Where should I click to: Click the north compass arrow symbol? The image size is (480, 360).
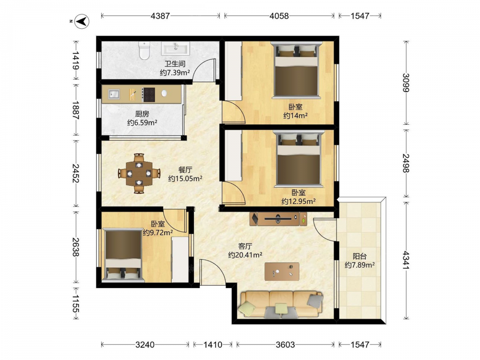82,22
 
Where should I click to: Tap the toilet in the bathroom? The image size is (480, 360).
144,50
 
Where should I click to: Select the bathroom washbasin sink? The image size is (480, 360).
176,48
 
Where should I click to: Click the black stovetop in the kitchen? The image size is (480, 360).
149,95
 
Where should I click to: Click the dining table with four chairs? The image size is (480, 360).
139,174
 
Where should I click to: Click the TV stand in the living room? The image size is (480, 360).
278,218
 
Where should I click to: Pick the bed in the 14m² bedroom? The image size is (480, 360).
296,70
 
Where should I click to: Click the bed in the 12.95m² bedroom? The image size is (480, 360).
299,159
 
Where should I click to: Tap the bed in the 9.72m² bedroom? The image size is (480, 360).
123,255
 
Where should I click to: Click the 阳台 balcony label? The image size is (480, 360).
360,256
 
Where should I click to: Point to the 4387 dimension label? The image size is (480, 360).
160,16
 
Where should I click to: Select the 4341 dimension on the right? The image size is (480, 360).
406,260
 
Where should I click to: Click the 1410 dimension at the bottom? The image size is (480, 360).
213,345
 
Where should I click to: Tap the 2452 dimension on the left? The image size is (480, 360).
75,173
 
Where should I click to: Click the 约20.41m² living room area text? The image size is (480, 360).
245,255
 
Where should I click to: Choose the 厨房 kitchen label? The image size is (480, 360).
142,114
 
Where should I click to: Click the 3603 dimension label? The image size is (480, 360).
285,345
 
